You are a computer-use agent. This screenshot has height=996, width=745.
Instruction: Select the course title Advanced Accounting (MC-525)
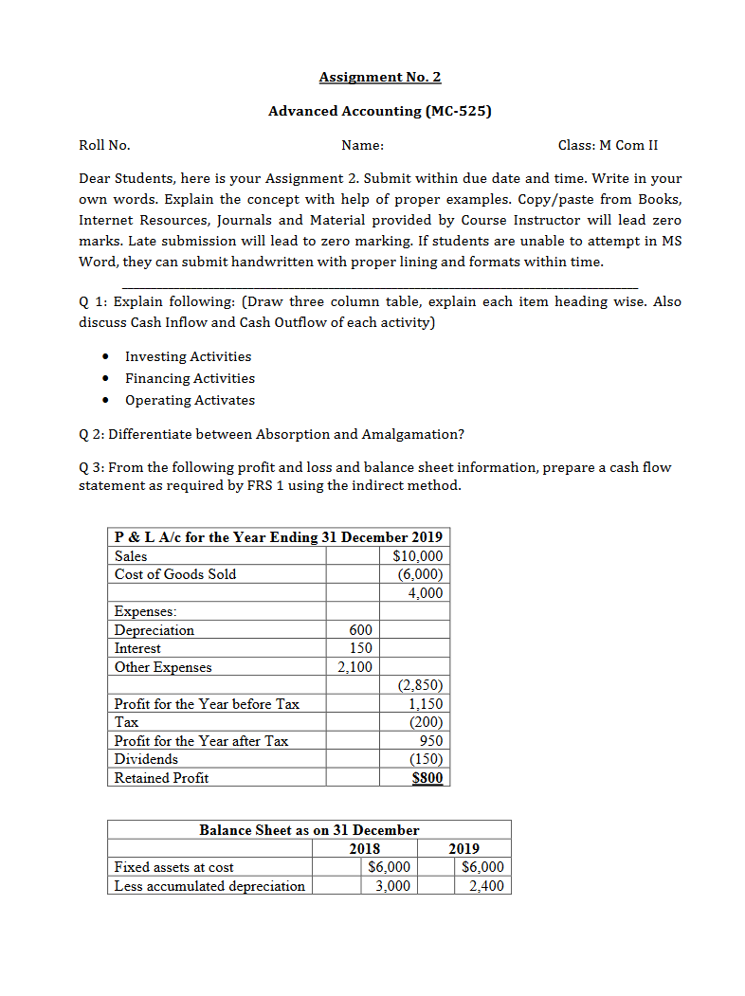tap(380, 111)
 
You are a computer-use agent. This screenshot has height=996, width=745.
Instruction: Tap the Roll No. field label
tap(104, 145)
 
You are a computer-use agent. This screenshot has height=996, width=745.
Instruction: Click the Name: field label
tap(362, 145)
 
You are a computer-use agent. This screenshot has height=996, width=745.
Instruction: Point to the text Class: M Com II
tap(608, 145)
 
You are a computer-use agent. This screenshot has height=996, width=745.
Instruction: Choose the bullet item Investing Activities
tap(188, 356)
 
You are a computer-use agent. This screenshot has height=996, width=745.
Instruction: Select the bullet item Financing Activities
tap(190, 378)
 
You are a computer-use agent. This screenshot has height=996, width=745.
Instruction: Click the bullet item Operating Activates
tap(190, 400)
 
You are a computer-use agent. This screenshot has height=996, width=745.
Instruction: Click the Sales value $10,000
tap(417, 556)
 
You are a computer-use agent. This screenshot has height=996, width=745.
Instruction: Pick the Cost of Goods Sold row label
tap(175, 574)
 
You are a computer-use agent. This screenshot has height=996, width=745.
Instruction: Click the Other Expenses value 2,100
tap(355, 667)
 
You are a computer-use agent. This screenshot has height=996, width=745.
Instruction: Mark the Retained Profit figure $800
tap(426, 778)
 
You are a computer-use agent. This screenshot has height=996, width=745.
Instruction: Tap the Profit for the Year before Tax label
tap(207, 704)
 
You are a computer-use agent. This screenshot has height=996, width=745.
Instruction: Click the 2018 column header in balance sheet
tap(365, 848)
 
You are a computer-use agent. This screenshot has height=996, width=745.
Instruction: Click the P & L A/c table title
tap(278, 537)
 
